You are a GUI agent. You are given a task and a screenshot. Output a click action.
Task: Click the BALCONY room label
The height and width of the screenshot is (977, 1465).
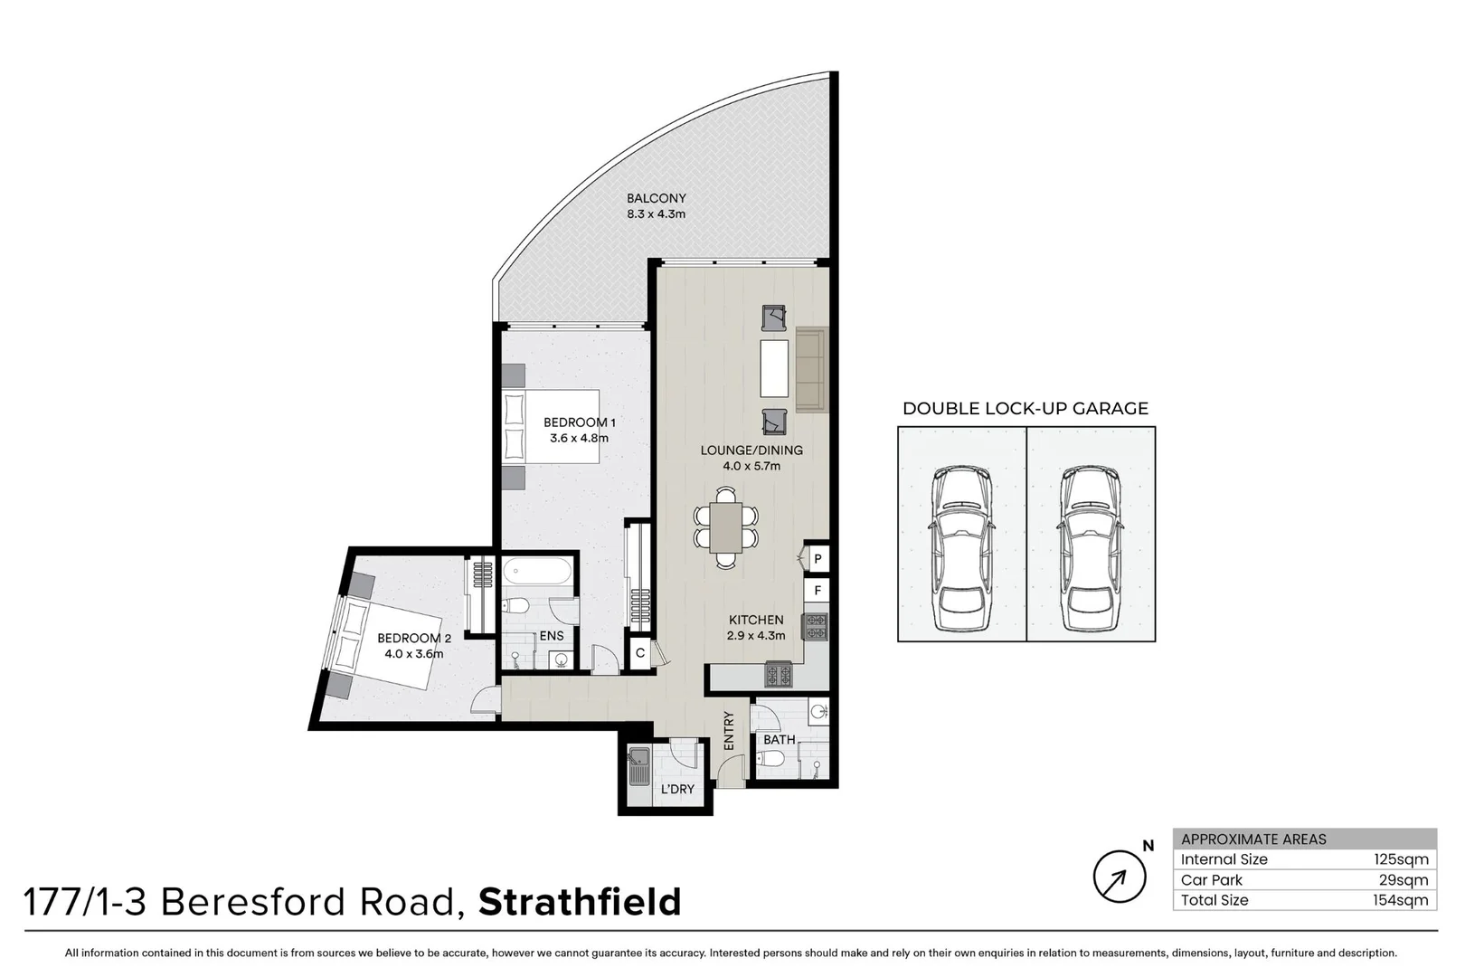pos(657,198)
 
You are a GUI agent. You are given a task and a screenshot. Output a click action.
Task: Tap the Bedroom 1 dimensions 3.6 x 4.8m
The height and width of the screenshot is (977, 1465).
pos(579,439)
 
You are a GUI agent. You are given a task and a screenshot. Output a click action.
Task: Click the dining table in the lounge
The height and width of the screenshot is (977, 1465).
pos(725,527)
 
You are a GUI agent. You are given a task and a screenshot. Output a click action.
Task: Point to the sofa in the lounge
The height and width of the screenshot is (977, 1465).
pos(811,369)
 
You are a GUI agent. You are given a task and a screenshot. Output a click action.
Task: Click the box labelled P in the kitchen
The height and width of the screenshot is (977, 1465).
pos(818,559)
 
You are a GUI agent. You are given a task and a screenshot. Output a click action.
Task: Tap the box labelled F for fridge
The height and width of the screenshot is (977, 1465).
pos(818,591)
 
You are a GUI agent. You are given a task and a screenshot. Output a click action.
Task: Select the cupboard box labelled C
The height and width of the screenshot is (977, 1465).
pos(640,653)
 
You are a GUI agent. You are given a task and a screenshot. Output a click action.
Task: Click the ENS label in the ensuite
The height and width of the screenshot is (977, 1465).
pos(552,636)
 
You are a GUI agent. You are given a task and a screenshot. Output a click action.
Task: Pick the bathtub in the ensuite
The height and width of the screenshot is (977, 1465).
pos(537,572)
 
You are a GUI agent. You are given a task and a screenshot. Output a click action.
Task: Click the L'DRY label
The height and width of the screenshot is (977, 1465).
pos(677,789)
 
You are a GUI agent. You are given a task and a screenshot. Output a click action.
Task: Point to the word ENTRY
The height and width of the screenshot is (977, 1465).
pos(729,730)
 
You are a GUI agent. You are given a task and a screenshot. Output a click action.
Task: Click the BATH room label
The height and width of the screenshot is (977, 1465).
pos(779,739)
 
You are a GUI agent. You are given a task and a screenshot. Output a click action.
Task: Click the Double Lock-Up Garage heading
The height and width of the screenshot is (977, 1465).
pos(1025,408)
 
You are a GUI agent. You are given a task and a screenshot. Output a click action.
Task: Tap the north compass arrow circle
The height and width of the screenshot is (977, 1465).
pos(1120,877)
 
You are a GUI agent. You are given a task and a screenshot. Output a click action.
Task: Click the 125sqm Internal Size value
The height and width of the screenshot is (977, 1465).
pos(1401,859)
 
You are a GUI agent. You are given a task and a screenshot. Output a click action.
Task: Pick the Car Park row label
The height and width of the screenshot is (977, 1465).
pos(1212,880)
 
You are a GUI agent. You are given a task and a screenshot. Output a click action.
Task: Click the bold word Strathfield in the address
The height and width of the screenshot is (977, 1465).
pos(580,903)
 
